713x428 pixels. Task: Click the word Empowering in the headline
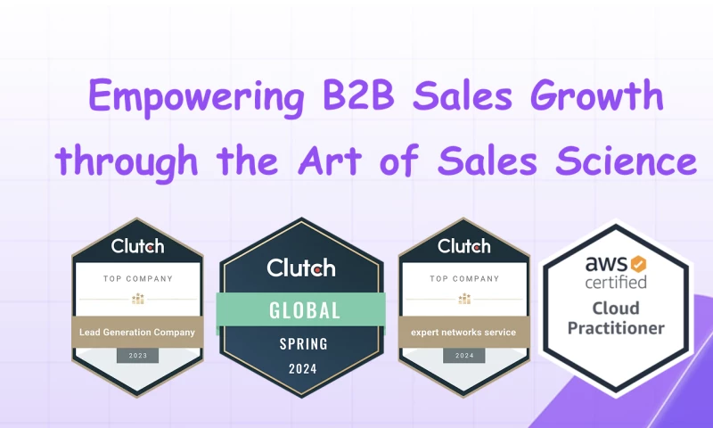pos(197,97)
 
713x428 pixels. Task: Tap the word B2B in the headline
pos(358,95)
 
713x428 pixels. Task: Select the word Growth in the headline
pos(596,95)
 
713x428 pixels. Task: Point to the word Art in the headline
pos(330,160)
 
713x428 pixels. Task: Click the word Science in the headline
pos(627,160)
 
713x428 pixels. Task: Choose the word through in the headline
pos(127,161)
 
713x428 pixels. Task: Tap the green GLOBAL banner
pos(301,309)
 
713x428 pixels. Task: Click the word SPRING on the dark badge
pos(303,344)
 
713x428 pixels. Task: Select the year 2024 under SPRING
pos(303,368)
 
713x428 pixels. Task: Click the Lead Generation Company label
pos(137,332)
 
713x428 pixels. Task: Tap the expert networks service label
pos(463,332)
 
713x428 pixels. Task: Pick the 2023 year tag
pos(138,356)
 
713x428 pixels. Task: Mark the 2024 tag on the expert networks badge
pos(464,356)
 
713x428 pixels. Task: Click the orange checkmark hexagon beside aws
pos(638,264)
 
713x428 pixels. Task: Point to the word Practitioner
pos(616,328)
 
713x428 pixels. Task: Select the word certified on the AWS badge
pos(616,282)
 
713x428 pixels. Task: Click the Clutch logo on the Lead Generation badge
pos(138,246)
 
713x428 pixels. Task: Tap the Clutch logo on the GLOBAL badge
pos(301,267)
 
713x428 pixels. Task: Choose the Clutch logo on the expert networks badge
pos(464,246)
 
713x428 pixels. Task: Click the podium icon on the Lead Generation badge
pos(138,299)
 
